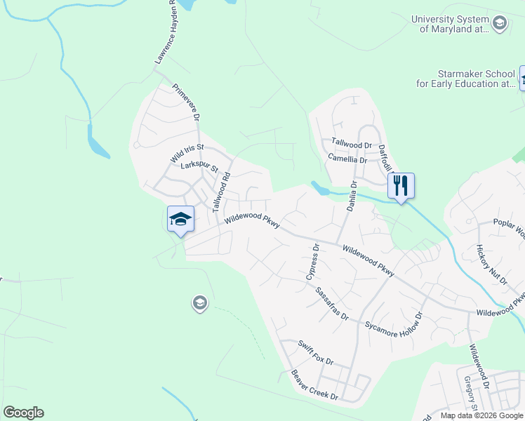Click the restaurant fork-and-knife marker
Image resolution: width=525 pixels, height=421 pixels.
tap(401, 186)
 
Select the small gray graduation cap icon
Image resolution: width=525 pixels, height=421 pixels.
tap(199, 303)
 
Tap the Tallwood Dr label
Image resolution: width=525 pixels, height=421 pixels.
tap(352, 144)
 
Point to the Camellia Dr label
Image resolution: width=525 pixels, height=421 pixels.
tap(348, 159)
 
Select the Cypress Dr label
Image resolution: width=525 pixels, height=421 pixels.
tap(313, 262)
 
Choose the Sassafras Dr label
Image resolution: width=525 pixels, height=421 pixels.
tap(331, 303)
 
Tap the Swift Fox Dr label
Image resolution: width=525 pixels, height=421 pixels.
tap(315, 352)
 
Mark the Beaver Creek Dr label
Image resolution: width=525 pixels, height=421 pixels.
tap(314, 385)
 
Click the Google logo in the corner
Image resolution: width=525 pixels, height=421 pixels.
tap(23, 413)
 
